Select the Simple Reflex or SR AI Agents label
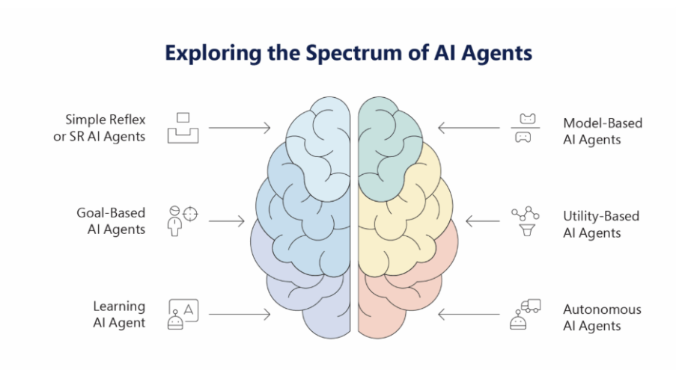pyautogui.click(x=105, y=127)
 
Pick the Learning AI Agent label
pyautogui.click(x=119, y=315)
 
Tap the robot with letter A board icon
pyautogui.click(x=182, y=314)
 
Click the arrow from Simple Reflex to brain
pyautogui.click(x=240, y=128)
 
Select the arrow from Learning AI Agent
pyautogui.click(x=240, y=315)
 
